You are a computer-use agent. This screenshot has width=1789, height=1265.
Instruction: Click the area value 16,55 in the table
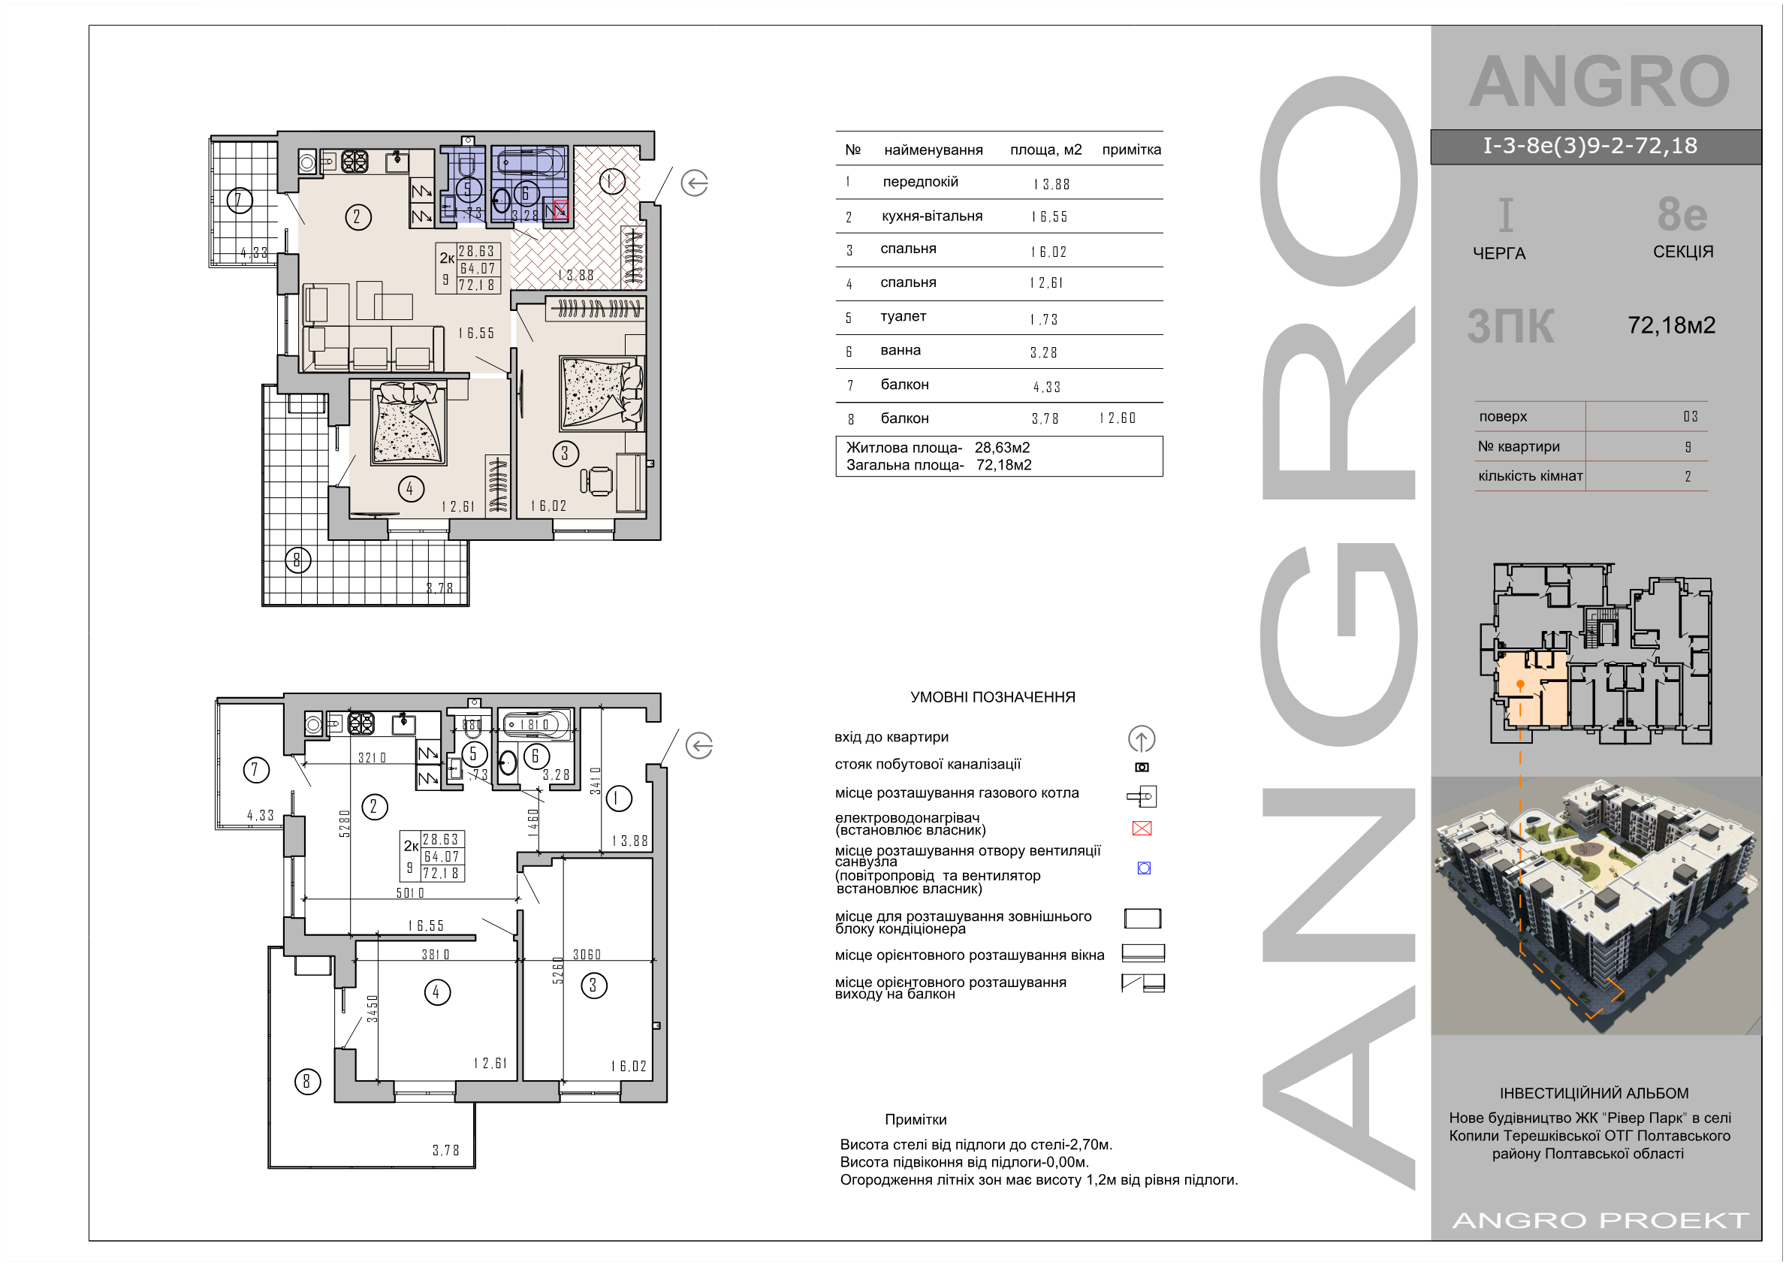[1048, 216]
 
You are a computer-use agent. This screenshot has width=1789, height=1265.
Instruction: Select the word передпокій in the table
[920, 182]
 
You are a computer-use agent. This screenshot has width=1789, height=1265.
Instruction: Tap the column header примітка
[1131, 149]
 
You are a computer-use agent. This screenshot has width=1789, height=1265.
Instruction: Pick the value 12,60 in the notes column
[1118, 418]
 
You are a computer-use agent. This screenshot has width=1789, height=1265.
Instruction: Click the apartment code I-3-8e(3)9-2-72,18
[1590, 146]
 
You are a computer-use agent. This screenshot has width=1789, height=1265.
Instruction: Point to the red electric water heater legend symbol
[1142, 828]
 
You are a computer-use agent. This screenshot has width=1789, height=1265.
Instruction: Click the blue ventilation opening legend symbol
[1144, 868]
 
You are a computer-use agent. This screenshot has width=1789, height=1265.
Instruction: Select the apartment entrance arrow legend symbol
[1142, 738]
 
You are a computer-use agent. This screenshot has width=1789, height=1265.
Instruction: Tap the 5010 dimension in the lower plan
[410, 892]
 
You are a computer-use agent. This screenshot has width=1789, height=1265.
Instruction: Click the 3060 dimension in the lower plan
[587, 954]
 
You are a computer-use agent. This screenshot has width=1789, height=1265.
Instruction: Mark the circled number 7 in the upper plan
[239, 201]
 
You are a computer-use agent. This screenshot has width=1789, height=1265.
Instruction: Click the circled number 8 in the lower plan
[307, 1081]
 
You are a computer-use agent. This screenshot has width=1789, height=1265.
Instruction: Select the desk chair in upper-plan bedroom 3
[598, 480]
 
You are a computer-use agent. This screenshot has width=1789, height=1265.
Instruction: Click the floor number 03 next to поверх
[1690, 416]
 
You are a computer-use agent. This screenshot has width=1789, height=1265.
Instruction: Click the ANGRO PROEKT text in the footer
[1601, 1220]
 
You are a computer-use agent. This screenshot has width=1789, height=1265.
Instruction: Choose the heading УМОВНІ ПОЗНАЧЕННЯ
[993, 697]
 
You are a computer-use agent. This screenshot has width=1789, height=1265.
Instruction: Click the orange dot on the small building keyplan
[1520, 684]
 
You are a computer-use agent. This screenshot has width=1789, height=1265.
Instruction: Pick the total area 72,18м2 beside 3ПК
[1671, 325]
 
